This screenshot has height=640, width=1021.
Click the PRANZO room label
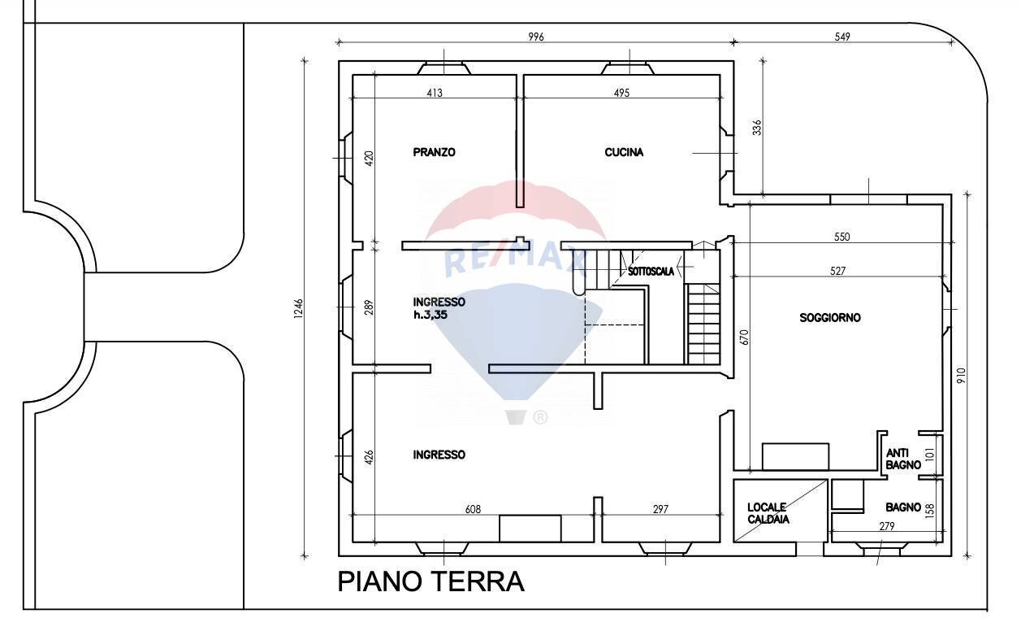coord(434,152)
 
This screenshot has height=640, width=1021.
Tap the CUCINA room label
coord(624,152)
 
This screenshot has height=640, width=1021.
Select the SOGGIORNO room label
coord(829,318)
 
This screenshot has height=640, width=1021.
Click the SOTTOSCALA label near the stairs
coord(650,272)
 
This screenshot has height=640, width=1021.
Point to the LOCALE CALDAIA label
coord(768,513)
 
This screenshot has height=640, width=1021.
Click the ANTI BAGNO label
coord(902,459)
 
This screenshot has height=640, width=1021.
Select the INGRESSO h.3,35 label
coord(439,308)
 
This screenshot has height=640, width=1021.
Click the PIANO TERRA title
coord(430,582)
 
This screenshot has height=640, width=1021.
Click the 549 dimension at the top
coord(842,37)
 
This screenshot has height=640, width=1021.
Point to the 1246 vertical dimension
coord(298,310)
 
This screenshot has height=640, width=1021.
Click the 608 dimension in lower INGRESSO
coord(473,509)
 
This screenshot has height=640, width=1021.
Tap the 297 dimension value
coord(660,509)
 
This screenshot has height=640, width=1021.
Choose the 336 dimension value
coord(757,128)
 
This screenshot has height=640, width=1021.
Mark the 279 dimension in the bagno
coord(886,526)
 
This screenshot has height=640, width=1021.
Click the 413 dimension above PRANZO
coord(434,93)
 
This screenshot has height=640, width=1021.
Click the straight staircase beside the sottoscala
coord(703,324)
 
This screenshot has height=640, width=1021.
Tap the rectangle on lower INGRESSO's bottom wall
coord(530,529)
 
